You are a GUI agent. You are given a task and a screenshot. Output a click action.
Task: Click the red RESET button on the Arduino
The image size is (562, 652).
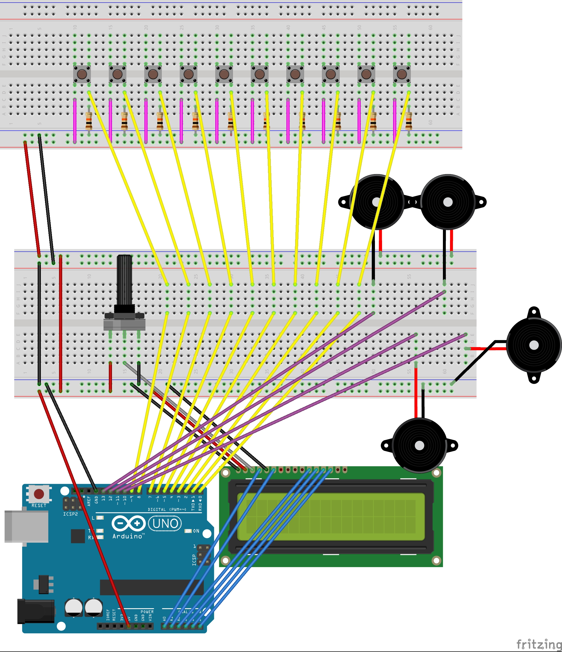(x=39, y=494)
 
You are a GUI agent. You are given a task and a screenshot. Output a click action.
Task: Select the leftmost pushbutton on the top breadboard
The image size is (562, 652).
(x=82, y=74)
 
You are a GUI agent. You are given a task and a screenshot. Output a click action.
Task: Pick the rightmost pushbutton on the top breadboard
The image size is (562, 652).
(x=402, y=74)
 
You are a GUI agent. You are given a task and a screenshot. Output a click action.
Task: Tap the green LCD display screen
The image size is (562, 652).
(x=331, y=516)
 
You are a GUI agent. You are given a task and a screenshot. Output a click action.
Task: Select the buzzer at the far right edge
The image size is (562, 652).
(x=534, y=345)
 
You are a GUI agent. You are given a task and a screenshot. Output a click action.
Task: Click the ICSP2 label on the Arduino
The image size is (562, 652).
(x=70, y=514)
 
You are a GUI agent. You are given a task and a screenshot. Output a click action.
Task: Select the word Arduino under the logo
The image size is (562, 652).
(x=127, y=536)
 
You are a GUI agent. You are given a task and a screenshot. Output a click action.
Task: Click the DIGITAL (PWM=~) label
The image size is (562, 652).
(x=167, y=509)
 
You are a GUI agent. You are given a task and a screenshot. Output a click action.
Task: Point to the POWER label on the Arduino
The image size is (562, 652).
(x=147, y=612)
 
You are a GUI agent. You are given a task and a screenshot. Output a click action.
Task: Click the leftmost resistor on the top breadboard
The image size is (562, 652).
(x=89, y=121)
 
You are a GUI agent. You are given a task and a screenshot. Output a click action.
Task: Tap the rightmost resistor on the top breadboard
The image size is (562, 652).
(x=409, y=121)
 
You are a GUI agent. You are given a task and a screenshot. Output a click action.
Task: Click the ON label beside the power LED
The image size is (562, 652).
(x=196, y=531)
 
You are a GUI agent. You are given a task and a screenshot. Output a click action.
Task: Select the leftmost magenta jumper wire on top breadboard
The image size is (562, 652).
(x=75, y=121)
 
